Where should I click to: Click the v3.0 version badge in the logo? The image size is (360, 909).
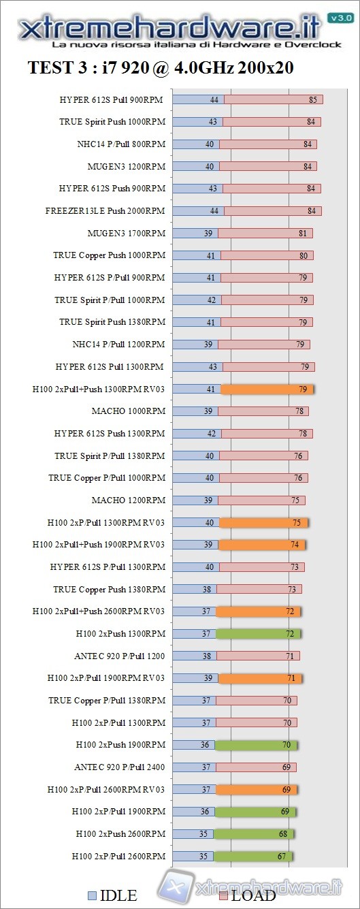[x=340, y=18]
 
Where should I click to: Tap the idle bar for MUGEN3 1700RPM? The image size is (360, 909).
[x=195, y=233]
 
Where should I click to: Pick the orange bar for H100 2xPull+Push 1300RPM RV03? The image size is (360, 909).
[x=267, y=389]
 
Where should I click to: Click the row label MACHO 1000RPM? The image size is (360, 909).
[x=128, y=411]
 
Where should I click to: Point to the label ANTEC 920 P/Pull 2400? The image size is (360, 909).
[x=119, y=767]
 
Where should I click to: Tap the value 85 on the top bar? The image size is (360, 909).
[x=313, y=100]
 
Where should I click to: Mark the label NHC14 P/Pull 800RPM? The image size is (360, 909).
[x=121, y=144]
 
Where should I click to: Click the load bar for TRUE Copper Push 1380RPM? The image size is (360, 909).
[x=259, y=589]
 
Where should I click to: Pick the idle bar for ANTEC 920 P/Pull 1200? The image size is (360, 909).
[x=194, y=656]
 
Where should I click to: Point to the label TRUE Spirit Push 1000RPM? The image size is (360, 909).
[x=112, y=122]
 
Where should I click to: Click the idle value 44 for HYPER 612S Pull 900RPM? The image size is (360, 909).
[x=214, y=100]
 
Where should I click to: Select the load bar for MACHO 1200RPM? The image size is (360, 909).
[x=262, y=500]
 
